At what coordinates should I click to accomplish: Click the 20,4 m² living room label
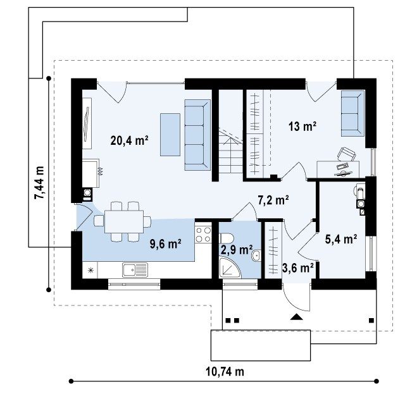129,140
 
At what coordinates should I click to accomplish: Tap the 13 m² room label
302,126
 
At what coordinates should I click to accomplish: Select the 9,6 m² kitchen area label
165,244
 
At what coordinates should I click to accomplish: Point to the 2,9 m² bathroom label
237,250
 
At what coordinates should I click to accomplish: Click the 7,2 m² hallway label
273,200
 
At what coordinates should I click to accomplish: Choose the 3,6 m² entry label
298,268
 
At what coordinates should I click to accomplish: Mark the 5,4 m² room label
341,239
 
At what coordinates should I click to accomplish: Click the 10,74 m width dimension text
225,372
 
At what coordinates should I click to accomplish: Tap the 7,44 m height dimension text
39,183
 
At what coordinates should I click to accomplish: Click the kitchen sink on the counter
135,270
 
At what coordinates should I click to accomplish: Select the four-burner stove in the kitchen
203,235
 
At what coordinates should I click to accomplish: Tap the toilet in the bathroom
227,238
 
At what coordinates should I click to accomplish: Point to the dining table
124,222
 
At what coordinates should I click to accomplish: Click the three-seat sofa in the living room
197,135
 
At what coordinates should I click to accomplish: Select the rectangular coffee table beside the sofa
170,135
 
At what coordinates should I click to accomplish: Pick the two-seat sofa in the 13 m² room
352,113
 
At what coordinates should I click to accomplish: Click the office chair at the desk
346,154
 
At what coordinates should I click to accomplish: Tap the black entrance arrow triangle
296,317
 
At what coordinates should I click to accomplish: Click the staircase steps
230,152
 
